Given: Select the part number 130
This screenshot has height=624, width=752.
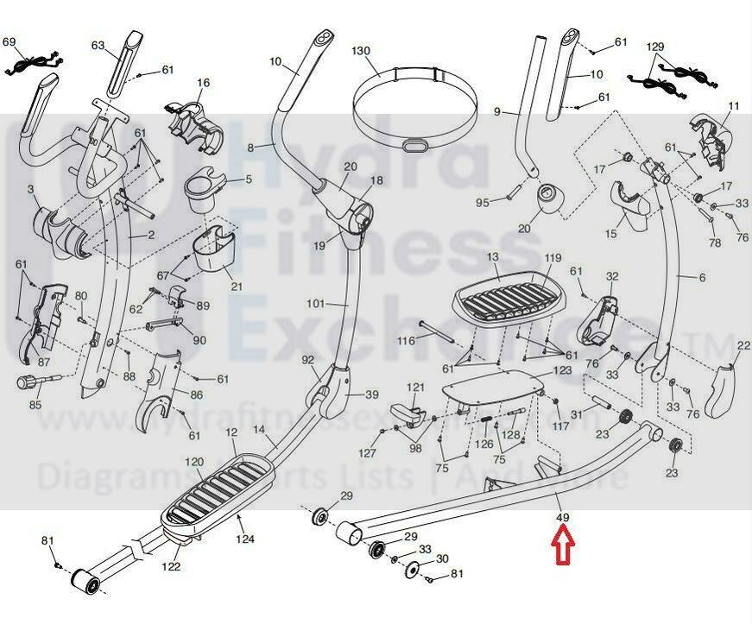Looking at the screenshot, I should pos(363,51).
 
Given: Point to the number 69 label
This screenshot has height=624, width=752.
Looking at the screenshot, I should pos(9,42).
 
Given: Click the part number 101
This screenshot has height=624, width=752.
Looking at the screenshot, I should pos(315,303).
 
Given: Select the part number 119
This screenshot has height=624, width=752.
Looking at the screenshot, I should pos(553,258).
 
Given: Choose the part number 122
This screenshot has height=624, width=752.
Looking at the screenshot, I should pos(173,567).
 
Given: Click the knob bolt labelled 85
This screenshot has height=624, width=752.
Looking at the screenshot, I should pos(29,381).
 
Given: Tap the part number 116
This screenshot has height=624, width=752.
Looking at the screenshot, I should pos(406,343).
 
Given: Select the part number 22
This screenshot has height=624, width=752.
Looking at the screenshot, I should pos(743,346).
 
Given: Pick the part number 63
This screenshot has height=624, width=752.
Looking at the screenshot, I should pos(98,45).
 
